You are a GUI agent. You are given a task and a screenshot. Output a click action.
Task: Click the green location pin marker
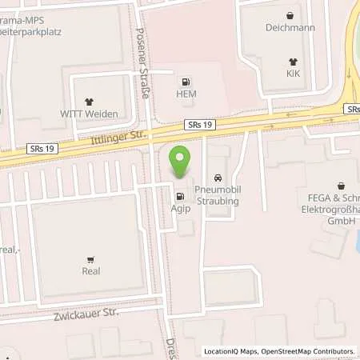pyautogui.click(x=181, y=164)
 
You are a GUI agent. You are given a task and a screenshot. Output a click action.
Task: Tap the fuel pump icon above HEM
pyautogui.click(x=186, y=81)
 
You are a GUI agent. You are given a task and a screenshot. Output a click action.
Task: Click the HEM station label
pyautogui.click(x=186, y=94)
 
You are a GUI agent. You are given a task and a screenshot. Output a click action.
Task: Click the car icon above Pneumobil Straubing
pyautogui.click(x=217, y=177)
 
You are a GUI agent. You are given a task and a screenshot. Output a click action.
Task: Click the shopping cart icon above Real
pyautogui.click(x=91, y=258)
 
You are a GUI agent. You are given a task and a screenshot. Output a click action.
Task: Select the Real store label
pyautogui.click(x=91, y=271)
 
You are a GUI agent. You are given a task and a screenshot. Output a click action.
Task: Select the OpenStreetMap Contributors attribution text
pyautogui.click(x=309, y=351)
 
